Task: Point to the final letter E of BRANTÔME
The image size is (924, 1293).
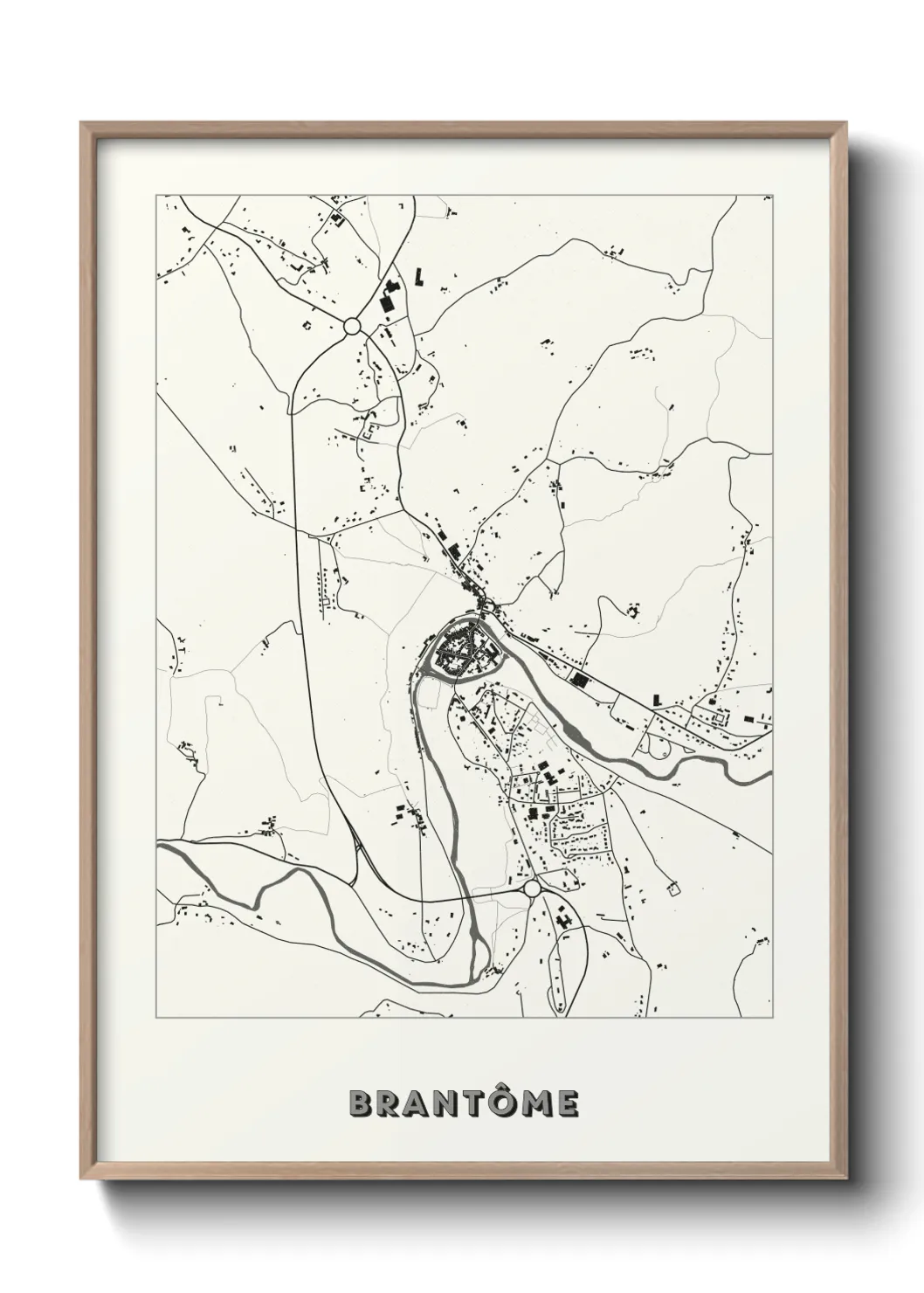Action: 565,1103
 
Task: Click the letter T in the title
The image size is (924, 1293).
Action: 470,1103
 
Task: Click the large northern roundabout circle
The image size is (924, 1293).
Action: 352,326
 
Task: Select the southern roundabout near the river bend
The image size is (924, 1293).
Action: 531,889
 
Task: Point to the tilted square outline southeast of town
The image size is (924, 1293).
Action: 672,889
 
